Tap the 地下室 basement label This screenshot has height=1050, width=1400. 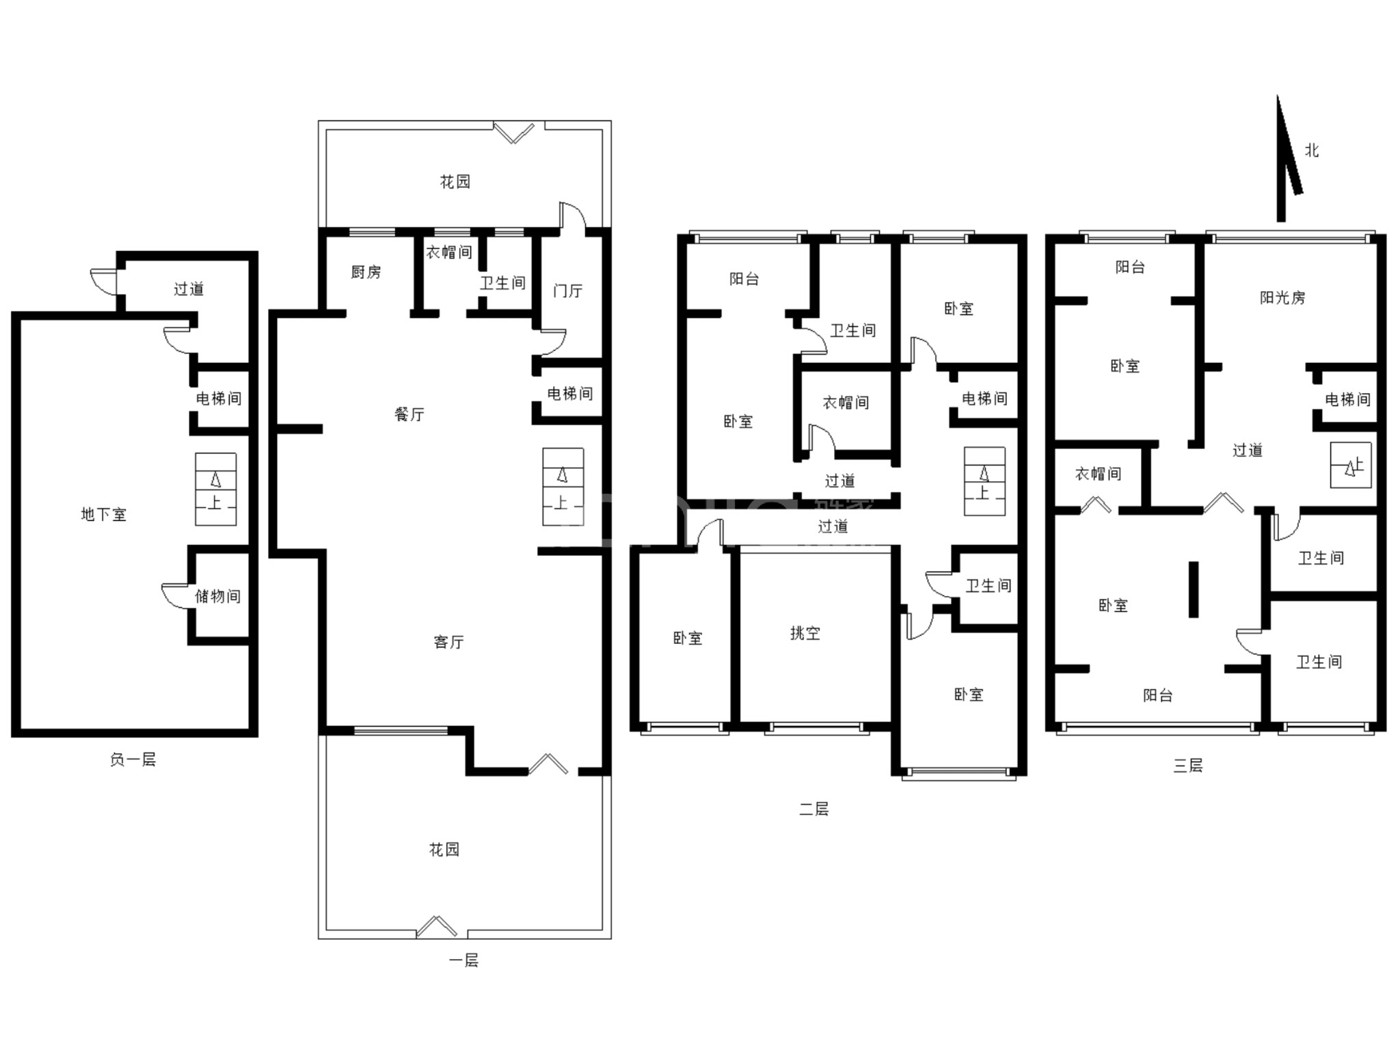click(x=104, y=515)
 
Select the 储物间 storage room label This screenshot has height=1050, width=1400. click(x=218, y=596)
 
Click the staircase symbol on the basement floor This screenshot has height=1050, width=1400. click(x=216, y=489)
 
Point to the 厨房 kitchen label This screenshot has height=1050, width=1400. click(x=366, y=272)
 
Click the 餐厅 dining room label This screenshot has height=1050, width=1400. click(x=409, y=414)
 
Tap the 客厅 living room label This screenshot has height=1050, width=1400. click(x=449, y=642)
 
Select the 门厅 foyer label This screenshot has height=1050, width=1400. click(x=568, y=291)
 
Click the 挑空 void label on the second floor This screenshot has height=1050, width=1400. click(x=805, y=633)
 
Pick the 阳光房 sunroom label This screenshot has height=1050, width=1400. click(x=1283, y=297)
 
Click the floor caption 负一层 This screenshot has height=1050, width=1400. click(x=133, y=759)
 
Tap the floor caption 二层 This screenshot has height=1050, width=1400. click(x=814, y=809)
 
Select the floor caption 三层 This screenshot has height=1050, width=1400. click(x=1188, y=766)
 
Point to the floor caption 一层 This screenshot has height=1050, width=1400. click(x=463, y=960)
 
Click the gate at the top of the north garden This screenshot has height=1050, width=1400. click(x=514, y=132)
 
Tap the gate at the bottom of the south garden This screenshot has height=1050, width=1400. click(x=437, y=927)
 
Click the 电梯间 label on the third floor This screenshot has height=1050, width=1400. click(x=1348, y=399)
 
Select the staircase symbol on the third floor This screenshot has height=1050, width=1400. click(x=1351, y=466)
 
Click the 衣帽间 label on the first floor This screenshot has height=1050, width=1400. click(x=449, y=252)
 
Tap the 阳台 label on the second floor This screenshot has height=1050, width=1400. click(x=744, y=279)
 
